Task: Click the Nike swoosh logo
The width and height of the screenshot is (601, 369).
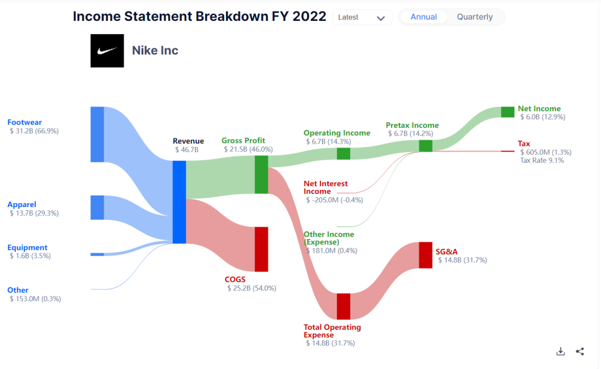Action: click(107, 51)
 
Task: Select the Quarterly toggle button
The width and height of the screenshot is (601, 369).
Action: click(475, 17)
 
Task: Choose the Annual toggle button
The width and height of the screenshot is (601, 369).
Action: click(423, 17)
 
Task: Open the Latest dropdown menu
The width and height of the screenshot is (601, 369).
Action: click(362, 18)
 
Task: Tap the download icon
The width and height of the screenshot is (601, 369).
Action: click(560, 351)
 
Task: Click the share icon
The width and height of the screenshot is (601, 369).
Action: click(580, 351)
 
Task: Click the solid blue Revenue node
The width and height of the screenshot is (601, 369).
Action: click(179, 202)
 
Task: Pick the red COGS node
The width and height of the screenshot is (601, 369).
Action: click(261, 249)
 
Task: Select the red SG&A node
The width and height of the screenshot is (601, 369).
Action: click(426, 255)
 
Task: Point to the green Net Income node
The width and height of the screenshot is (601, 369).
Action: click(507, 112)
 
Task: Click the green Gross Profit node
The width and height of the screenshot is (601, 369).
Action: click(261, 175)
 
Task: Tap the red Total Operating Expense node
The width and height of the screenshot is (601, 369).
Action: click(344, 306)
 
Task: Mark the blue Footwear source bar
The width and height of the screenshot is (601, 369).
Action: click(97, 134)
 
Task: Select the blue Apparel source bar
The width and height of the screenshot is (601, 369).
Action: click(97, 208)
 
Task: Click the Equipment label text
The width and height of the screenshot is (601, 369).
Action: click(27, 247)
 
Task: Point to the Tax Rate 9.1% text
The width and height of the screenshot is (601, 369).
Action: click(542, 160)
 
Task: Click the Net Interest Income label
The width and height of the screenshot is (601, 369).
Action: click(325, 188)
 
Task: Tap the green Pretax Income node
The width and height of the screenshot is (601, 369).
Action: click(426, 146)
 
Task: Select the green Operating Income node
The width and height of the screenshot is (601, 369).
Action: click(344, 154)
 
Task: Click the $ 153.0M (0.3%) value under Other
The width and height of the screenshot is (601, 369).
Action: click(35, 299)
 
